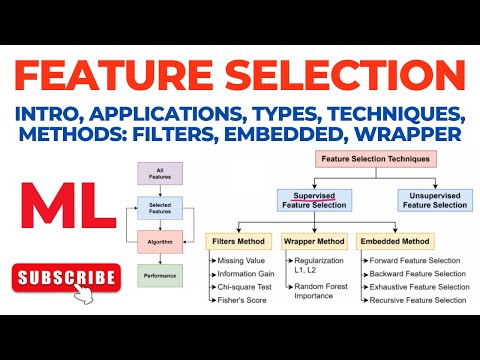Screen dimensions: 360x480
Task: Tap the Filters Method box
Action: [236, 241]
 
